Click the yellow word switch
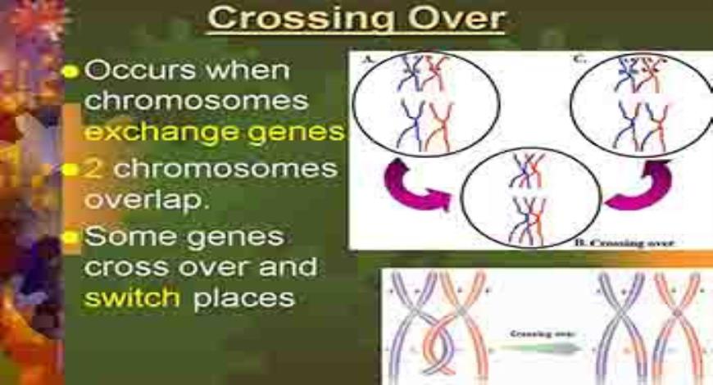132,297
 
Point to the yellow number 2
93,169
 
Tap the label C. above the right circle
580,59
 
